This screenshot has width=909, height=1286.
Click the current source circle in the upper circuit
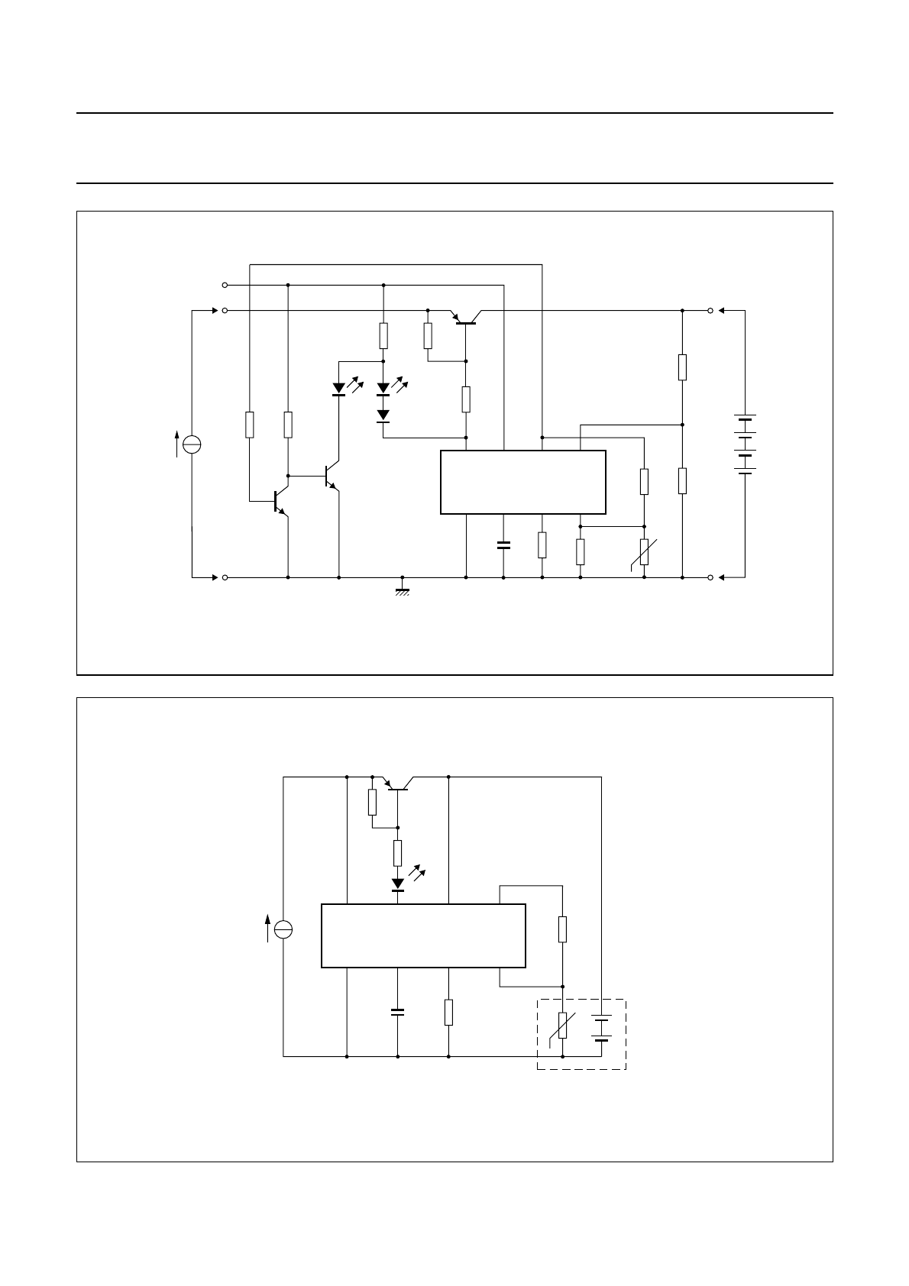pos(192,444)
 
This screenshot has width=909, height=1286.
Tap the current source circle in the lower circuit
pos(283,929)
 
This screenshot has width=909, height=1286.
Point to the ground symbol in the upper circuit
pos(403,590)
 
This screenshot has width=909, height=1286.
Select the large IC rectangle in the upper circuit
pos(523,482)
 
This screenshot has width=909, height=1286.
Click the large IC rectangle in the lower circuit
pos(423,935)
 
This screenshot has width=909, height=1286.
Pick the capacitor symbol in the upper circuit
pos(503,545)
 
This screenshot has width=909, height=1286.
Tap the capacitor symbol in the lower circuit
pos(397,1012)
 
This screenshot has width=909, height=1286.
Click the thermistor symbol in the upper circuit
pos(644,552)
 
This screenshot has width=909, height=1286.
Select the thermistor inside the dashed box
pos(563,1026)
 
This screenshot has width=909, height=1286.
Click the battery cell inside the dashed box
pos(602,1028)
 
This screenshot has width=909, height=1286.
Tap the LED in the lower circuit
pos(398,884)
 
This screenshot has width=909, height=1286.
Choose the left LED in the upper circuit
pos(338,389)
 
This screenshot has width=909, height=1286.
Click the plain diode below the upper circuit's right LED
pos(383,415)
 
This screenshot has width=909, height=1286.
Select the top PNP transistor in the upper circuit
pos(465,318)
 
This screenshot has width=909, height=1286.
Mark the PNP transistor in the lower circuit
pos(398,785)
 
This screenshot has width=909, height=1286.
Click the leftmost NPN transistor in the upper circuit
pos(278,500)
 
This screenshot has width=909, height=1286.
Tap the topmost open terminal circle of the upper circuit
pos(225,285)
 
